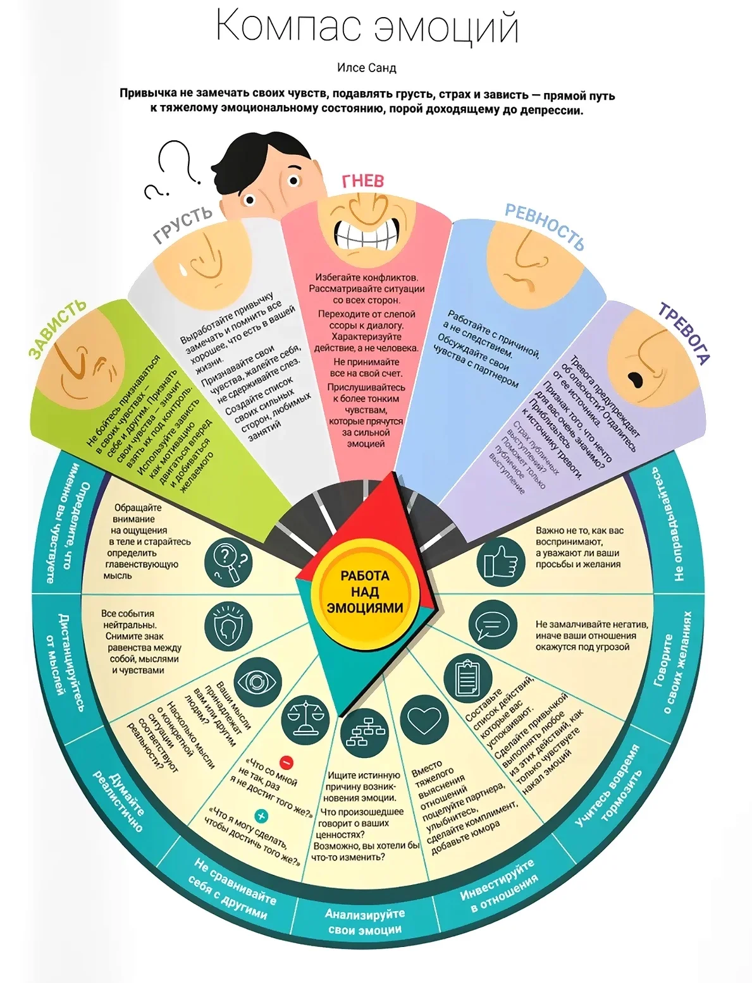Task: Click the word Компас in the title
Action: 289,25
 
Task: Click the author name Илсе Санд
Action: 366,68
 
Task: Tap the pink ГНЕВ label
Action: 363,181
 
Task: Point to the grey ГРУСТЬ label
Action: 183,224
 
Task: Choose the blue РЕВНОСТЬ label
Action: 545,226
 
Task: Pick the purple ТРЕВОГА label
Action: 684,333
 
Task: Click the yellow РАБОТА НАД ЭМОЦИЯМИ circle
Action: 365,592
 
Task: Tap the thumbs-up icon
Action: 500,562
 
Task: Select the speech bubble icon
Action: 493,625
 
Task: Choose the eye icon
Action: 257,681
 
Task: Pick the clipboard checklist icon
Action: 467,678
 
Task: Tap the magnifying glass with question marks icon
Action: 228,562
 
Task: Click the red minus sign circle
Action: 287,762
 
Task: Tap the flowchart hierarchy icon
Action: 364,735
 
